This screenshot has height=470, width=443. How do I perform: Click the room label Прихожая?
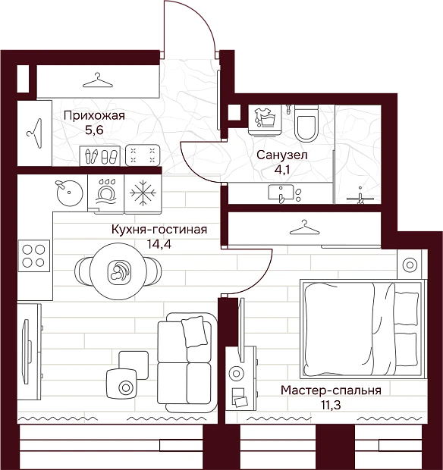94,116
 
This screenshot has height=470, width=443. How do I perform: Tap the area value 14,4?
159,244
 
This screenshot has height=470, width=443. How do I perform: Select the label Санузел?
282,155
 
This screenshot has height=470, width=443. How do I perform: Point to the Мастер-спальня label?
331,390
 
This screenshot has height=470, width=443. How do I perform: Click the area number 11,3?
331,405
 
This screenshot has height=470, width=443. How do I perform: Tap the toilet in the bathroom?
306,124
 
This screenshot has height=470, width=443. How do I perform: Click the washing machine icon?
265,119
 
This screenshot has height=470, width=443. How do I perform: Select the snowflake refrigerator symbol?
143,193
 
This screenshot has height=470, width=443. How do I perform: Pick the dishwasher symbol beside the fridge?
106,193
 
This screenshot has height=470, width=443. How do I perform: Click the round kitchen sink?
70,193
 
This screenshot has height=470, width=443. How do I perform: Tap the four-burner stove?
34,255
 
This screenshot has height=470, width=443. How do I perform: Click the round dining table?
118,271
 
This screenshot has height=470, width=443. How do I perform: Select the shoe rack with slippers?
100,156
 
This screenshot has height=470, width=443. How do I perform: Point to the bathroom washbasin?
281,193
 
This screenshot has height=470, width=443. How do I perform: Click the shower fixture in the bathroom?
360,197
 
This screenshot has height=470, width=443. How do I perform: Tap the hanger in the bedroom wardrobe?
304,227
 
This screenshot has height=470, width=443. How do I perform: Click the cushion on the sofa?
194,332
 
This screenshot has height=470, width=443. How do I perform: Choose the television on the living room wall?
27,352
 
